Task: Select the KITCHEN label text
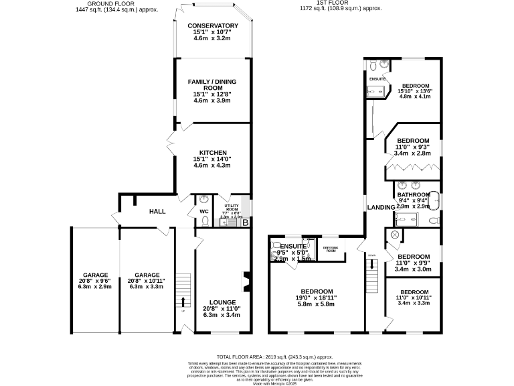[x=212, y=152]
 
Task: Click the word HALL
[x=157, y=211]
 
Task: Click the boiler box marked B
[x=246, y=222]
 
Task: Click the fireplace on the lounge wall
[x=248, y=282]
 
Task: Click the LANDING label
[x=381, y=208]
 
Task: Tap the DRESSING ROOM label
[x=331, y=249]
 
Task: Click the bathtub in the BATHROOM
[x=436, y=200]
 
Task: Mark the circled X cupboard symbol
[x=394, y=235]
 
